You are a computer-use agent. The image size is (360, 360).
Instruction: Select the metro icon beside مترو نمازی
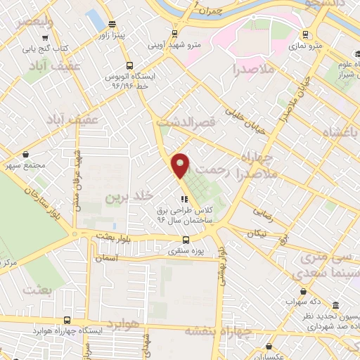click(x=305, y=34)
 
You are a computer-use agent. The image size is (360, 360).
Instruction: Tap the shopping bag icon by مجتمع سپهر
click(x=26, y=155)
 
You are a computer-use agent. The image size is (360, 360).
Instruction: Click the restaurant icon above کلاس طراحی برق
click(x=185, y=199)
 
